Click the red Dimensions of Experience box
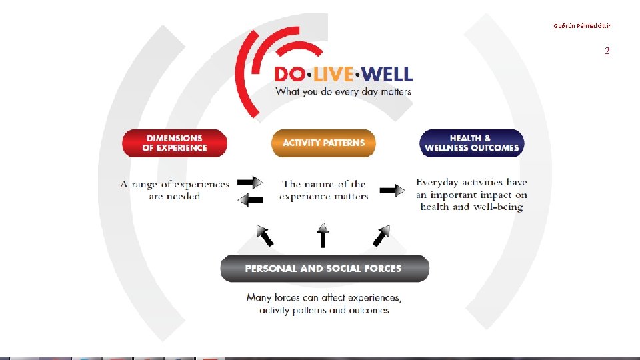click(175, 143)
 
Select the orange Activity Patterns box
click(323, 143)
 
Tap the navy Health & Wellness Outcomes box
click(471, 143)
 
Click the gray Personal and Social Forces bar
click(324, 269)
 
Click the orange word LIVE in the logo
click(329, 74)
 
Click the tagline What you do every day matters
click(343, 92)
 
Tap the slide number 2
click(607, 51)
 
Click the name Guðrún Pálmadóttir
click(581, 26)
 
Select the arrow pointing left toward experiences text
click(251, 199)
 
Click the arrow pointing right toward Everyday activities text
click(392, 191)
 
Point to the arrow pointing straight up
click(323, 235)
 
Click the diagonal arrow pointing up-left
click(265, 235)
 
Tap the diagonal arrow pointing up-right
click(381, 235)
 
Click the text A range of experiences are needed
click(175, 190)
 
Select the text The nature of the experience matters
click(324, 190)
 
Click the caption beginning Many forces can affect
click(324, 304)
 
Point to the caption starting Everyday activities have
click(471, 194)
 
